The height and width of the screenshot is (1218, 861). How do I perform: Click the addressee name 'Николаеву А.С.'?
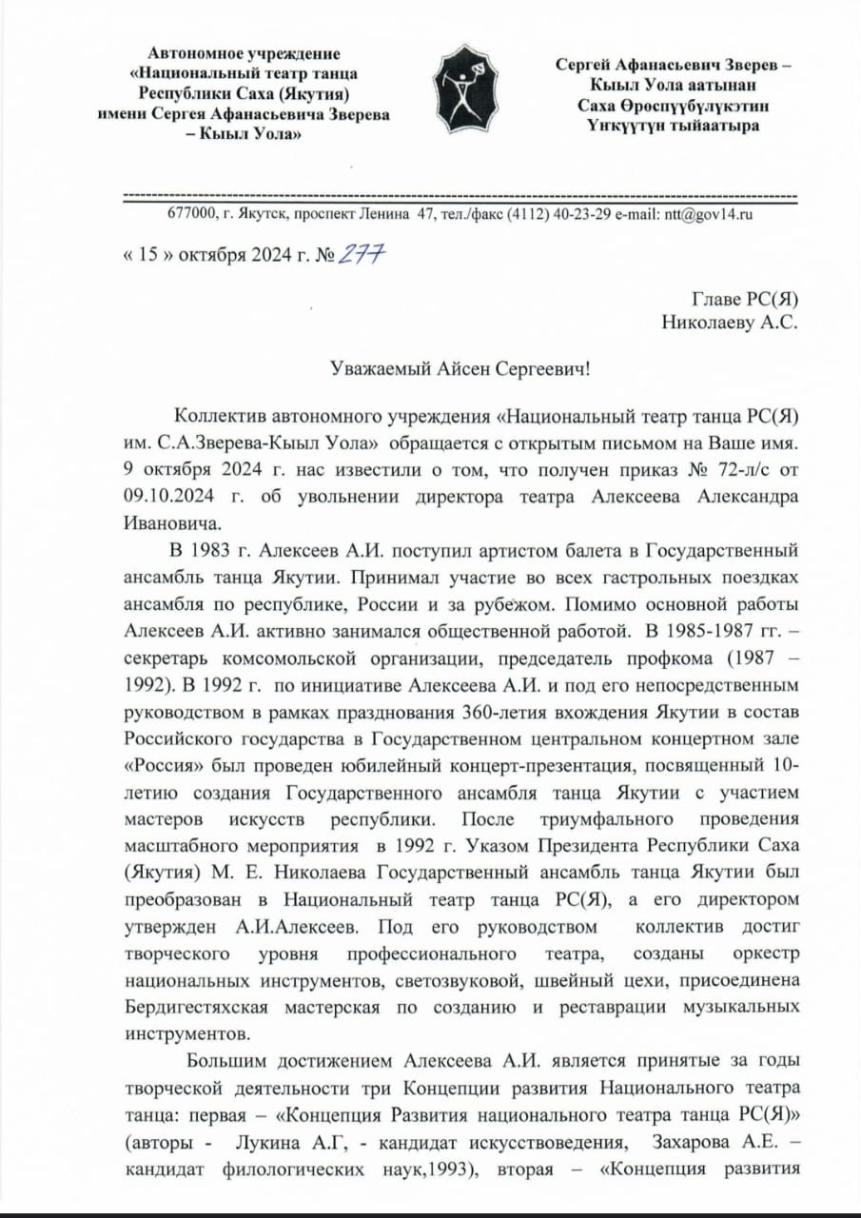click(730, 322)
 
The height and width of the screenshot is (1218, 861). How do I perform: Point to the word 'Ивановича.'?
click(168, 523)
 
